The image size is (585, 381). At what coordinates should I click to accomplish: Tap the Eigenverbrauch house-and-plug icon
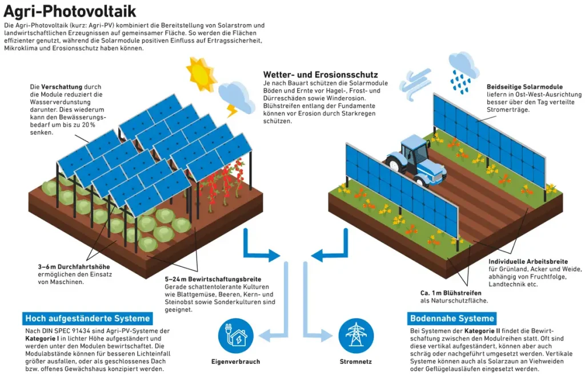coord(236,336)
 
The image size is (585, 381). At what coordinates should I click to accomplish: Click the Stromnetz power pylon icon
coord(356,336)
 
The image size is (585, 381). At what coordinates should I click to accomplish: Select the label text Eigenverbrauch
coord(236,362)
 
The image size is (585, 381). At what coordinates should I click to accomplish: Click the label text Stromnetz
coord(356,362)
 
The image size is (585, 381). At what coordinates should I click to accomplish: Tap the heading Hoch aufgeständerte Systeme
coord(87,318)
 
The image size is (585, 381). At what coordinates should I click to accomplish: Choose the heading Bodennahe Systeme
coord(452,318)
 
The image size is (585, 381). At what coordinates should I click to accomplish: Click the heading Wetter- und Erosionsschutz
coord(320,75)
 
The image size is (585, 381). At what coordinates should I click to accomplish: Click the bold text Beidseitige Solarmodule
coord(524,86)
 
